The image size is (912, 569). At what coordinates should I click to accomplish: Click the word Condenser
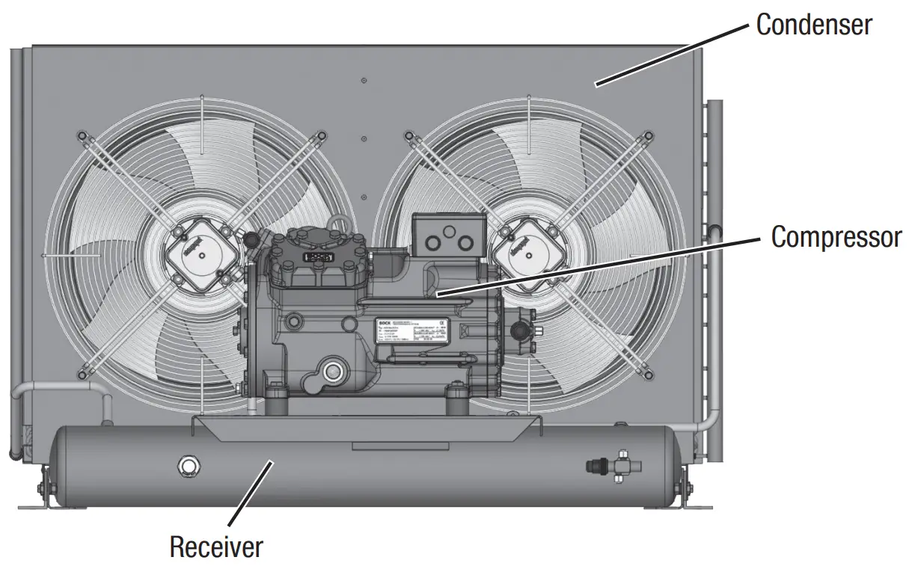click(x=813, y=25)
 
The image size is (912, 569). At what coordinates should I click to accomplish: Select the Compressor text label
click(x=836, y=237)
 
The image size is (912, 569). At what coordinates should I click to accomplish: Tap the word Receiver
click(x=216, y=547)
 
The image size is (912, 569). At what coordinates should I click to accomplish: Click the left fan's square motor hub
click(x=198, y=247)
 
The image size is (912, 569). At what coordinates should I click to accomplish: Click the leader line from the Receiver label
click(x=250, y=494)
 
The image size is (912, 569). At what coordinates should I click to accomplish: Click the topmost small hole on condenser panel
click(x=363, y=80)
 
